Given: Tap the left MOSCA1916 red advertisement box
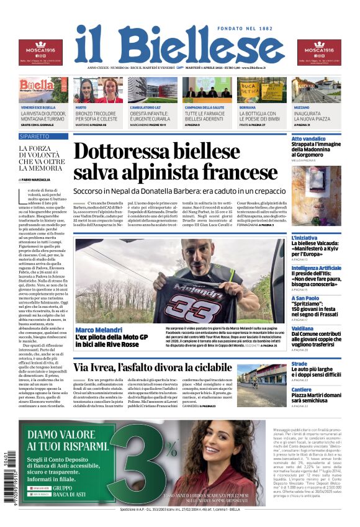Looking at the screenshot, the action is point(40,52).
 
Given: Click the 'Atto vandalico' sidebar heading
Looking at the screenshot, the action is point(308,139).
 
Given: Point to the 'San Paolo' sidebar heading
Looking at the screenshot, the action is point(305,298).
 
